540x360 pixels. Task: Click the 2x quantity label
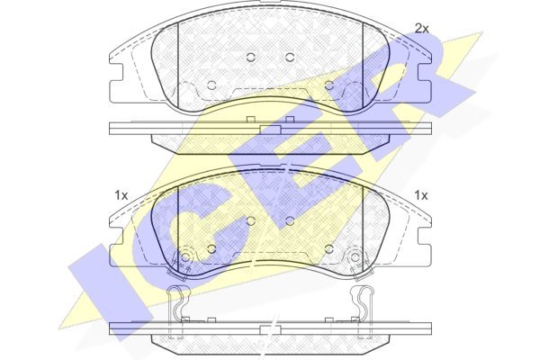(421, 28)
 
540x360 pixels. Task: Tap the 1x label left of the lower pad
(121, 195)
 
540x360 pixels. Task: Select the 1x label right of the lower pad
(421, 195)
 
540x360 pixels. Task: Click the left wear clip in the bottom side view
(176, 310)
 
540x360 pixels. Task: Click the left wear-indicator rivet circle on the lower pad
(185, 256)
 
